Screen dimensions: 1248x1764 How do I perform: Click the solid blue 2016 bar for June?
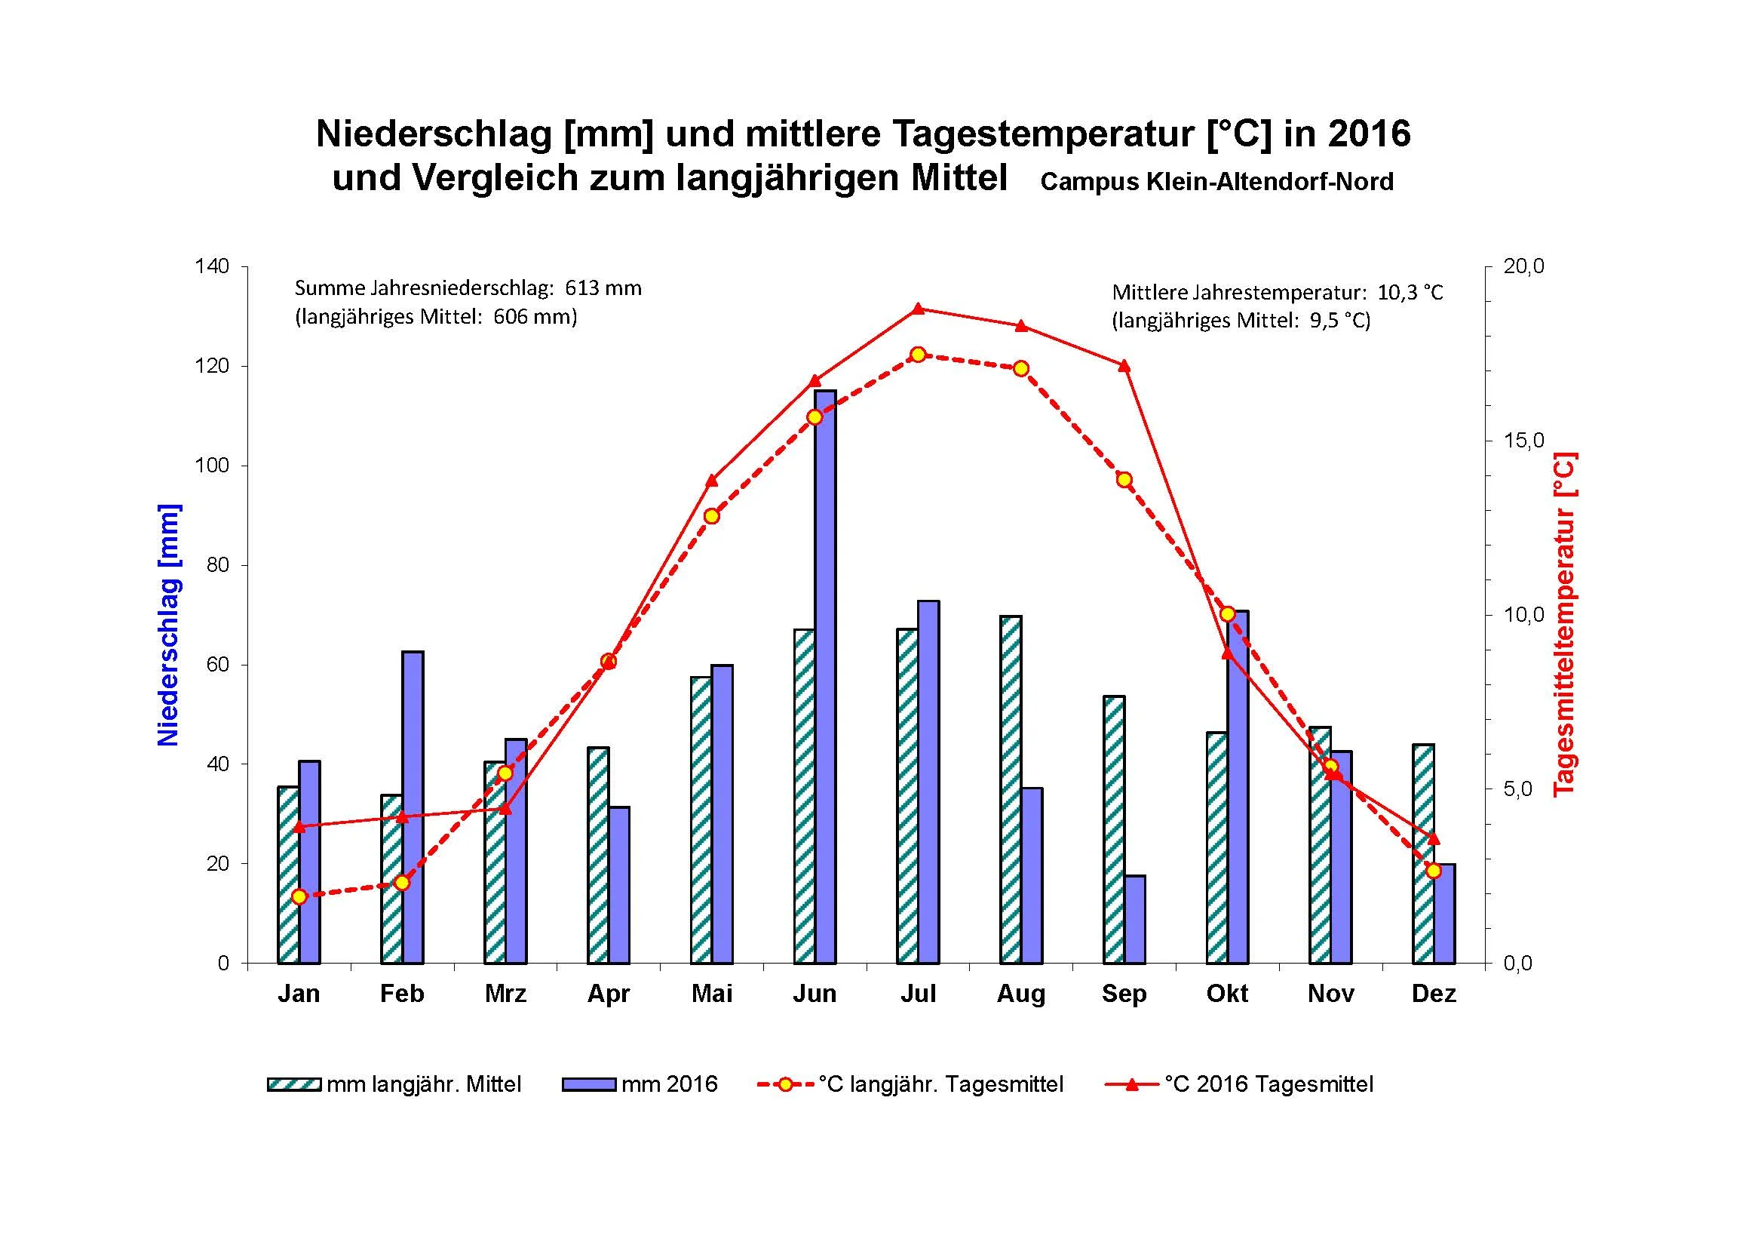(x=826, y=676)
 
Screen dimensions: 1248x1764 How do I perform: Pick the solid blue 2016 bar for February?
(x=413, y=807)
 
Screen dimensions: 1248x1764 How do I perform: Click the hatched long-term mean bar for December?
(x=1424, y=853)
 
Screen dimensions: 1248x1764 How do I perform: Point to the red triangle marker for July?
(x=917, y=309)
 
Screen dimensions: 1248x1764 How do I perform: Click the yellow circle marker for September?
(x=1124, y=481)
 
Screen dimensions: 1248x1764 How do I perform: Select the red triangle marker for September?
(x=1124, y=366)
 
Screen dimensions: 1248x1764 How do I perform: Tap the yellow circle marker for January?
(x=299, y=897)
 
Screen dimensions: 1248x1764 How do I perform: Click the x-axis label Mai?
(x=711, y=994)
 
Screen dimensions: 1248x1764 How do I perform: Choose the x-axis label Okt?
(x=1227, y=994)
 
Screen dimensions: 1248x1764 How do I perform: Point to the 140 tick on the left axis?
(x=212, y=266)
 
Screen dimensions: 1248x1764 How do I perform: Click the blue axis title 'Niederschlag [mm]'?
(x=168, y=625)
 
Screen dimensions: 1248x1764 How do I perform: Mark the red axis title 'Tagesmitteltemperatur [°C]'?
(x=1565, y=624)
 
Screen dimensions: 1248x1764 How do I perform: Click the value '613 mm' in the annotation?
(x=603, y=288)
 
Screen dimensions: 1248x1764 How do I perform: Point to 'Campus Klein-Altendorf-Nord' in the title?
(x=1216, y=182)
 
